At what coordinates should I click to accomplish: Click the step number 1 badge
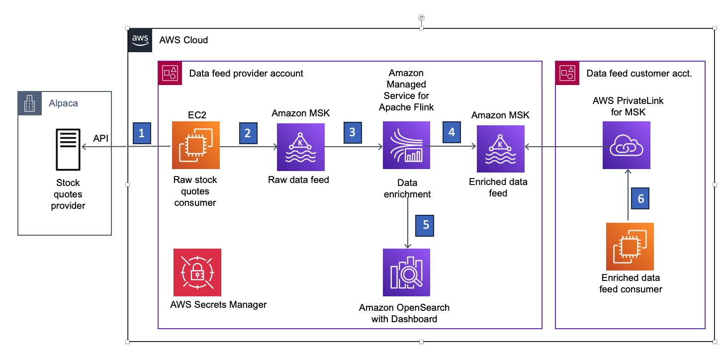click(x=142, y=133)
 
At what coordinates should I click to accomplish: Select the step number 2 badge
click(x=248, y=133)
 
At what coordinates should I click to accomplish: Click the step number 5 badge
click(x=426, y=224)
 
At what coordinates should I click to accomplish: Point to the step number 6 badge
click(x=641, y=198)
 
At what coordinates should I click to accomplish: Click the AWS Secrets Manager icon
click(x=197, y=272)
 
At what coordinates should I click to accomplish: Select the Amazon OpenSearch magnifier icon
click(x=406, y=272)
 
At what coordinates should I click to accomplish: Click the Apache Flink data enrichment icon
click(x=406, y=146)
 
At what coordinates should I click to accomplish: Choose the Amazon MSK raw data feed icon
click(x=300, y=147)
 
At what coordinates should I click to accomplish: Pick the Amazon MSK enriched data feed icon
click(x=500, y=148)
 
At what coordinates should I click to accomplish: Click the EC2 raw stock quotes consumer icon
click(x=195, y=146)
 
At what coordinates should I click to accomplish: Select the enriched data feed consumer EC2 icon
click(x=630, y=246)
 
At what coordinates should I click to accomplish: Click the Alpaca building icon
click(x=30, y=103)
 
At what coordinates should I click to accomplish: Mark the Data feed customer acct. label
click(x=639, y=74)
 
